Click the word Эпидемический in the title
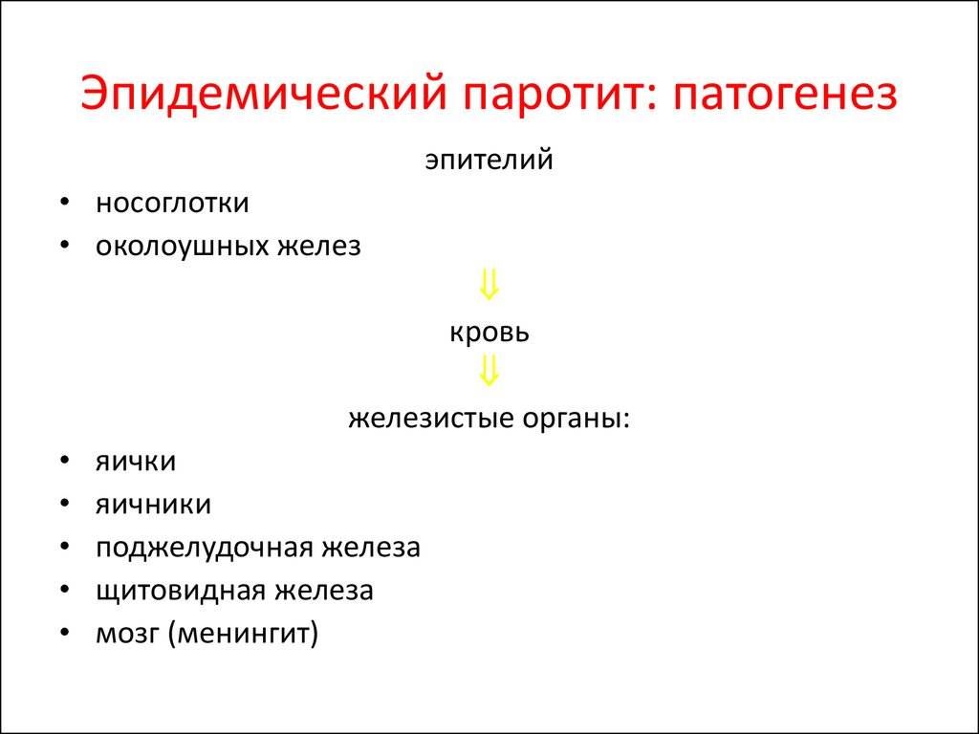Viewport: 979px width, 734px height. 264,95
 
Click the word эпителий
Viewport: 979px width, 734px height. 489,160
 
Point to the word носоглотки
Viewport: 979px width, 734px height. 172,203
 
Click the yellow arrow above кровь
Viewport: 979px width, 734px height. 489,285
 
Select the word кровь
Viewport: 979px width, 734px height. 489,332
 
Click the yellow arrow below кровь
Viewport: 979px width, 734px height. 489,371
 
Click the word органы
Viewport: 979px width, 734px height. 577,420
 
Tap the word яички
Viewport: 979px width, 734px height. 136,462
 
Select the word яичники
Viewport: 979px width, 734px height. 153,505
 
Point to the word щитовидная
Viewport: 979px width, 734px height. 182,591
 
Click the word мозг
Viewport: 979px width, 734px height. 128,635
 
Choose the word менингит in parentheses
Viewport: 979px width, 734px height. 243,635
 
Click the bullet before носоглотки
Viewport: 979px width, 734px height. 64,203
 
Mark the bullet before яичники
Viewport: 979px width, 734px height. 64,504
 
